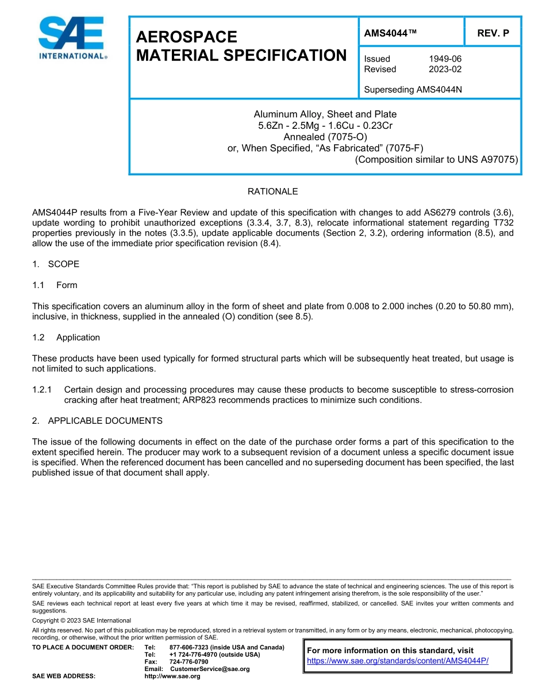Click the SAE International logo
(72, 38)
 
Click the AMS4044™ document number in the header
(390, 33)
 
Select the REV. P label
(493, 33)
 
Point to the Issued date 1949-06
(445, 59)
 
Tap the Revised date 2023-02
(445, 69)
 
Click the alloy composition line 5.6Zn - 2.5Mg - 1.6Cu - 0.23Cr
(325, 125)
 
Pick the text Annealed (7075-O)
(325, 137)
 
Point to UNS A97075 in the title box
(488, 159)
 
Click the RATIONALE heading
(272, 191)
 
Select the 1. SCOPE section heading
(56, 264)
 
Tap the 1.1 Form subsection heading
(55, 285)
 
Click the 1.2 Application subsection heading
(66, 338)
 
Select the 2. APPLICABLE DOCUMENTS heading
(97, 421)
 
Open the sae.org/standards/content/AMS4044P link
(398, 661)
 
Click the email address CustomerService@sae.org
(210, 669)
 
